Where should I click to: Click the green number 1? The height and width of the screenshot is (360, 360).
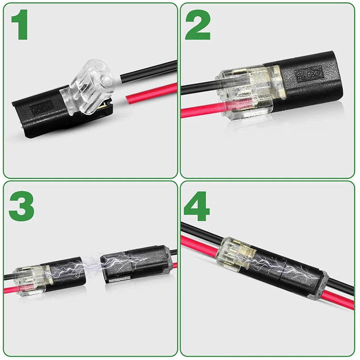20,26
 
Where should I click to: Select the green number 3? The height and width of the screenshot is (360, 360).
21,206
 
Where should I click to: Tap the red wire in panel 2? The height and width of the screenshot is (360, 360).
198,110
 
